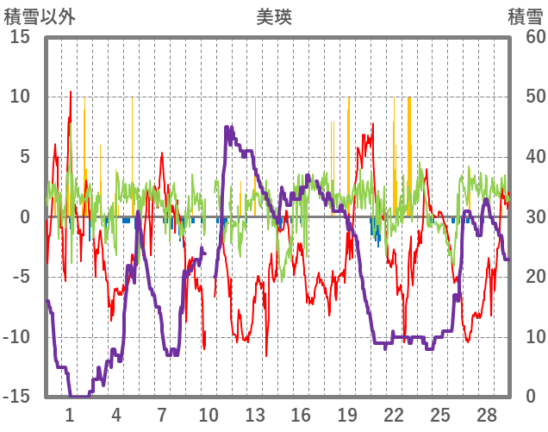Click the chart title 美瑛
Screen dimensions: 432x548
tap(273, 16)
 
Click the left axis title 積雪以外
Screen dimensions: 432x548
tap(34, 16)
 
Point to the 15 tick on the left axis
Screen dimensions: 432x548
tap(20, 37)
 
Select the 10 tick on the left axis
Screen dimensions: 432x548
tap(20, 97)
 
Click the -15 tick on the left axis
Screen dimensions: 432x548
tap(20, 397)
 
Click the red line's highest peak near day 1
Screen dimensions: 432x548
tap(71, 91)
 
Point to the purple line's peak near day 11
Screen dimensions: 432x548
tap(227, 128)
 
